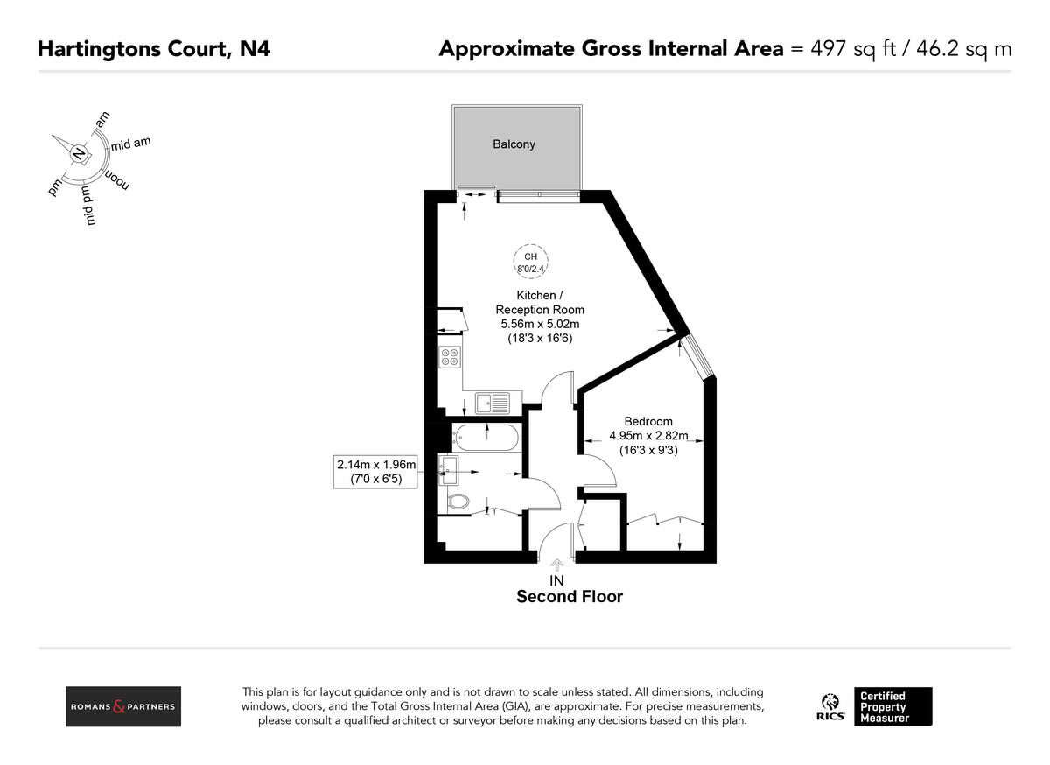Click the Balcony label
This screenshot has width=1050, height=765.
(514, 144)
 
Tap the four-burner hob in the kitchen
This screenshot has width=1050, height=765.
(450, 357)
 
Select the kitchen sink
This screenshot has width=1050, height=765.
(492, 403)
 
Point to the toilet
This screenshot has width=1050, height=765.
(457, 502)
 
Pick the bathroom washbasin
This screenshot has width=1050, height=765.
(447, 470)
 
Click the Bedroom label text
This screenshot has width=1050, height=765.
(648, 421)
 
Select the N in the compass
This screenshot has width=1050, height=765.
(80, 155)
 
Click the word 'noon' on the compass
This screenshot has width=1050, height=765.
(117, 180)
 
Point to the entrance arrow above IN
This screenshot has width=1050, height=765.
(556, 566)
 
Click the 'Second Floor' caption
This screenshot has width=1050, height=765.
(570, 597)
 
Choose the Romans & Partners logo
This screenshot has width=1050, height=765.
(123, 706)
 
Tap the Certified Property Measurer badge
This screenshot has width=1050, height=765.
(892, 706)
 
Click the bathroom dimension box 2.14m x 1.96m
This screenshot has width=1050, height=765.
(376, 472)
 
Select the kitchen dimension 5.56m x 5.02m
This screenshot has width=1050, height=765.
(540, 324)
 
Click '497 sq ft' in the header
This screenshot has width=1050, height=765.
(847, 48)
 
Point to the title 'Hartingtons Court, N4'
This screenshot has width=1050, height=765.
(154, 48)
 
